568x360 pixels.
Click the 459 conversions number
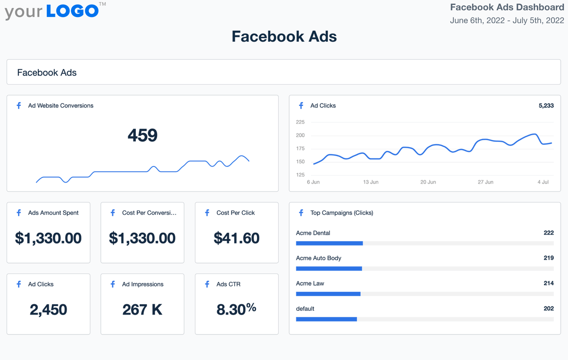[x=142, y=136]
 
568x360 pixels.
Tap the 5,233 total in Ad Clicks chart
[x=546, y=105]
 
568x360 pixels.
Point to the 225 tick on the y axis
[x=300, y=122]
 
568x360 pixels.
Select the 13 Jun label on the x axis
[x=371, y=182]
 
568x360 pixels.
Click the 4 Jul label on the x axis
[x=542, y=182]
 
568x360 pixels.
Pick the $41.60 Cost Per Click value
[x=237, y=238]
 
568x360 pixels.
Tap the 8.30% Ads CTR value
[x=236, y=309]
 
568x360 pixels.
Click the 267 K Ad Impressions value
[x=142, y=309]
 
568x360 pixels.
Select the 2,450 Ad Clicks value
[x=48, y=309]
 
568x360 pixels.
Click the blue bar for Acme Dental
[x=329, y=243]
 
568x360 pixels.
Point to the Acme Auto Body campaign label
[x=319, y=258]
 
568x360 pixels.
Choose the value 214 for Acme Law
[x=549, y=283]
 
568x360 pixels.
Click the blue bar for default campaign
[x=326, y=319]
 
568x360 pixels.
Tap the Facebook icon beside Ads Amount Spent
[x=19, y=213]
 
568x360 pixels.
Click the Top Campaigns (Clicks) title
[x=342, y=213]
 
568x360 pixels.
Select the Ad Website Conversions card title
[x=61, y=105]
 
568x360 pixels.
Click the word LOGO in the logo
[x=72, y=11]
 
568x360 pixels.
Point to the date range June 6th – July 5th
[x=507, y=20]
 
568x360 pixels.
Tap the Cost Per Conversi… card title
[x=149, y=213]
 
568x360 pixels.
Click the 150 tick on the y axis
[x=300, y=162]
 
